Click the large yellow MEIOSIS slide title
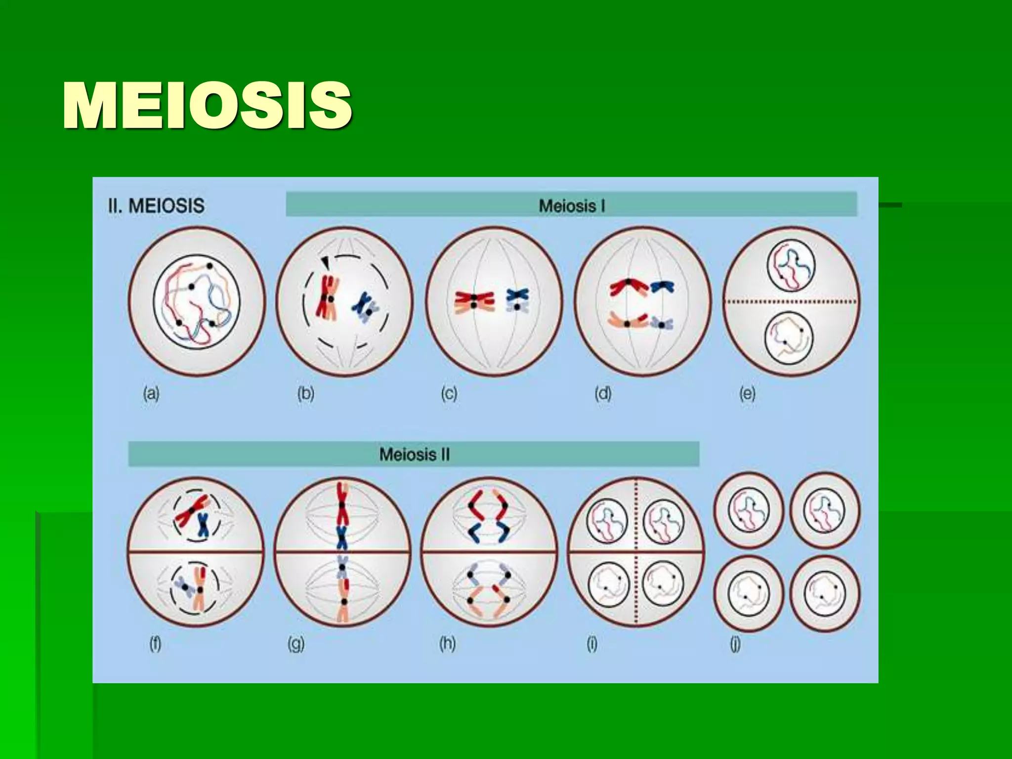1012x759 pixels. [x=208, y=106]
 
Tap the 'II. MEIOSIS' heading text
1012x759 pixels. [x=156, y=206]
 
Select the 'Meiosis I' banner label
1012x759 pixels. [x=572, y=206]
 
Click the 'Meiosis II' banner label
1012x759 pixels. [x=414, y=454]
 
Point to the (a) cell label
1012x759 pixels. [x=151, y=394]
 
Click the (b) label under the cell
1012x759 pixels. [x=306, y=394]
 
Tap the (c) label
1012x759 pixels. [x=449, y=394]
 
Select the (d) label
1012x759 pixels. [x=603, y=394]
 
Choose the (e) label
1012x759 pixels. [x=747, y=394]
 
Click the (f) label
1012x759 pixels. [x=155, y=644]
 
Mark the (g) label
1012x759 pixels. [x=296, y=644]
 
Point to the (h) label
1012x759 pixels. [x=447, y=644]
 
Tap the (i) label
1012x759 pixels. [x=592, y=644]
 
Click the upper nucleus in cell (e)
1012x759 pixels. [x=791, y=267]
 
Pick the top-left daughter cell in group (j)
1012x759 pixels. [x=749, y=510]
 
